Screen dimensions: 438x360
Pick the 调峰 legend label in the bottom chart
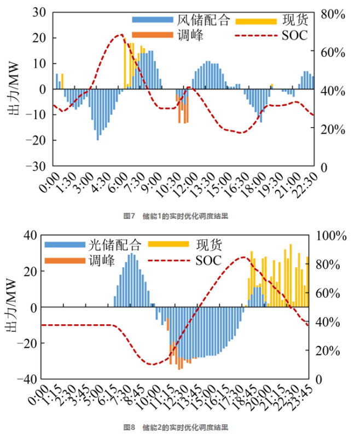[x=101, y=260]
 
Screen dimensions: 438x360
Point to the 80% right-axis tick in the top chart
[x=333, y=14]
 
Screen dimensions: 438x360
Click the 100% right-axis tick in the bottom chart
[x=335, y=236]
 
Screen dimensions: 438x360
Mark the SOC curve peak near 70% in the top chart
[x=121, y=34]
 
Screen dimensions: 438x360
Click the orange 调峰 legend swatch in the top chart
[x=152, y=36]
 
